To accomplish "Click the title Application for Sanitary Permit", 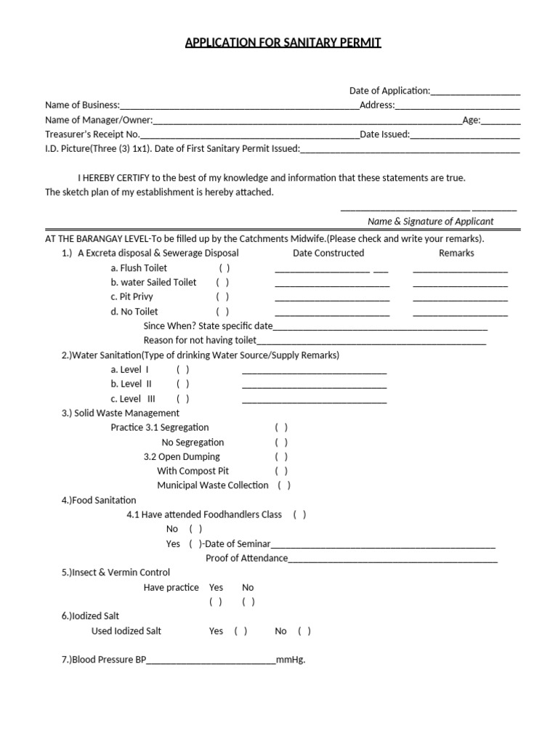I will pyautogui.click(x=283, y=43).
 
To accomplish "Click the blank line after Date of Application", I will pyautogui.click(x=475, y=92).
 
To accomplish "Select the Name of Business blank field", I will pyautogui.click(x=240, y=107).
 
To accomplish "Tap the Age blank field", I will pyautogui.click(x=501, y=121).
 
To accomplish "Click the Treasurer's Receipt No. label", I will pyautogui.click(x=92, y=134).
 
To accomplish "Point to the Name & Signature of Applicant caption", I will pyautogui.click(x=430, y=222).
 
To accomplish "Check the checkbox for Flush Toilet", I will pyautogui.click(x=224, y=268).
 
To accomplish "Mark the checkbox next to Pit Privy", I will pyautogui.click(x=222, y=297).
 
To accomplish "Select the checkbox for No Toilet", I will pyautogui.click(x=222, y=312).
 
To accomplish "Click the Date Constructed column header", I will pyautogui.click(x=328, y=254).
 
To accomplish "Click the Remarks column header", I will pyautogui.click(x=456, y=254).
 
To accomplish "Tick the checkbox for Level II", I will pyautogui.click(x=182, y=384).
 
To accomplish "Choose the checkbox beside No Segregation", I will pyautogui.click(x=281, y=442).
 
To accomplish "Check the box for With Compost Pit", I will pyautogui.click(x=281, y=472).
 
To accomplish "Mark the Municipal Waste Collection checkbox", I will pyautogui.click(x=284, y=486).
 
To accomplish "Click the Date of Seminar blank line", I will pyautogui.click(x=383, y=546).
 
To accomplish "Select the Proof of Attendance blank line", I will pyautogui.click(x=392, y=560).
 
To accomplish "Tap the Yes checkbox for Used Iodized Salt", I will pyautogui.click(x=240, y=631).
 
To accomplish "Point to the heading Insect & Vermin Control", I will pyautogui.click(x=116, y=573).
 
